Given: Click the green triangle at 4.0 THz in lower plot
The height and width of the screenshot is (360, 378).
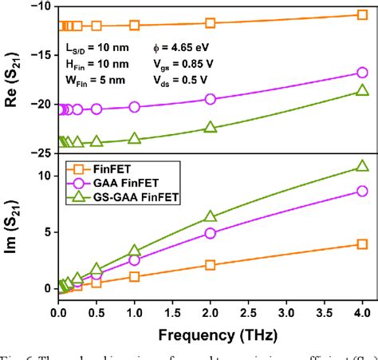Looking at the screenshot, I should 362,166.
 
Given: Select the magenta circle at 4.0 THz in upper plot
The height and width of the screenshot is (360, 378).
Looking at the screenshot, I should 362,73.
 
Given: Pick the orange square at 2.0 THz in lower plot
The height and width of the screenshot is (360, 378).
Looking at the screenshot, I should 211,265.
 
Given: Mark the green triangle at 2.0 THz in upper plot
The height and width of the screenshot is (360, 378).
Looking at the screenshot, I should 211,128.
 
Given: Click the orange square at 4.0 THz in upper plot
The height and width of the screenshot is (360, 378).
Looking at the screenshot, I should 362,15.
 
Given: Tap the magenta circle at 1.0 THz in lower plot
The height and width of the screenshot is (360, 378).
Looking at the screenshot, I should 134,260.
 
